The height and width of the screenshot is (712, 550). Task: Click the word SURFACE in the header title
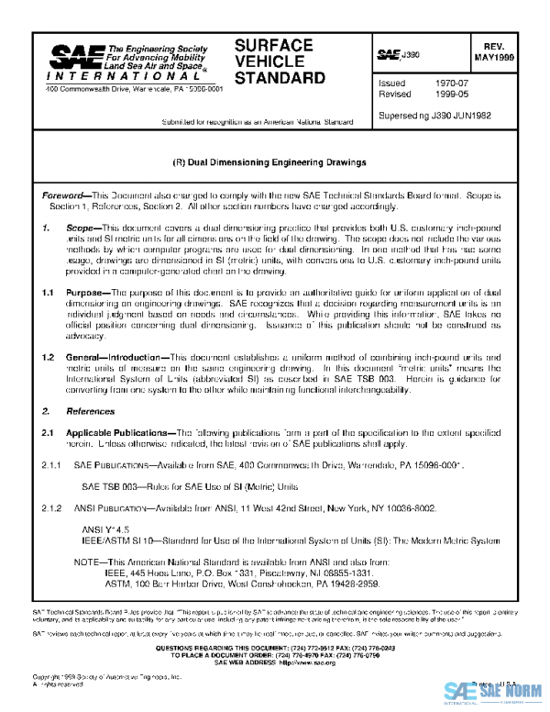click(273, 46)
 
